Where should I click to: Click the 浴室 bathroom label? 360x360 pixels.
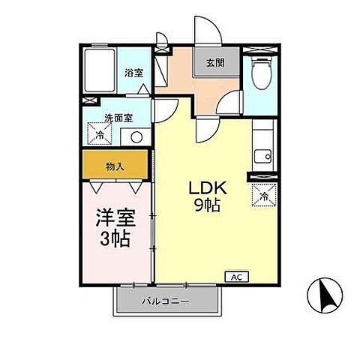pos(134,73)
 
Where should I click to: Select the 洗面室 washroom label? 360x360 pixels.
pos(97,118)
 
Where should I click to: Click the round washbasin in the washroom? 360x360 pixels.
pos(136,136)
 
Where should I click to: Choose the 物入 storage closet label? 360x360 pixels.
pos(115,166)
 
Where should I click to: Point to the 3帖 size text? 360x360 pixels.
pos(115,239)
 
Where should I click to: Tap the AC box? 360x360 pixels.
pos(235,277)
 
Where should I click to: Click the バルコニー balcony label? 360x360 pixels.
pos(166,301)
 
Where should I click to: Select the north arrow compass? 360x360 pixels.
pos(325,295)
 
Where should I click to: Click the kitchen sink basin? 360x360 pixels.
pos(262,156)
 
